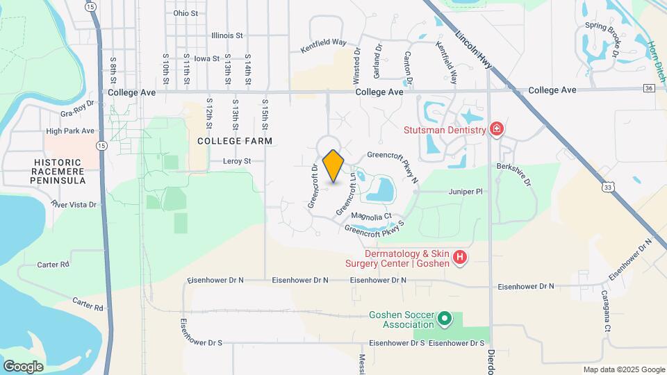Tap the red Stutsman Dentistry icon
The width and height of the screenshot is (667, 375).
tap(496, 130)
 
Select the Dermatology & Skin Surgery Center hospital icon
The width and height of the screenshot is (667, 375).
tap(459, 258)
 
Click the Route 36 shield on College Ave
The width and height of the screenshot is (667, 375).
tap(648, 88)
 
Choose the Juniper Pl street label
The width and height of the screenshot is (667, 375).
tap(465, 191)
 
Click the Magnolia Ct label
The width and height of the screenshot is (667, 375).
tap(372, 217)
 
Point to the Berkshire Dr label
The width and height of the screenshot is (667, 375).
tap(513, 175)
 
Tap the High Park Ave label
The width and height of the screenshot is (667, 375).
tap(69, 131)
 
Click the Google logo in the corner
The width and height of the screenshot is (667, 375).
tap(23, 366)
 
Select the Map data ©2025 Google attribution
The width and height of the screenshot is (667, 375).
tap(623, 369)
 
